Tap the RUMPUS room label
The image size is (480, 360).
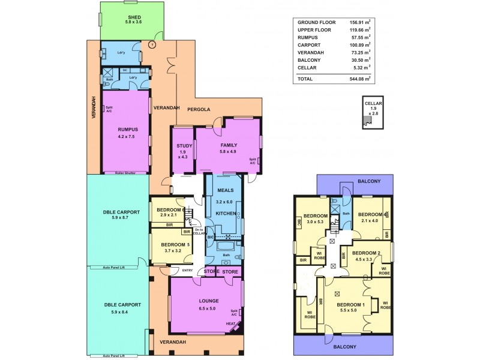(128, 128)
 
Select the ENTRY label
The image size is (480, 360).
(188, 270)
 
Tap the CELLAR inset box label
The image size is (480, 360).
(373, 103)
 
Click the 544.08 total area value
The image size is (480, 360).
(359, 79)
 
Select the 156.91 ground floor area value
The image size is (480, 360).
(359, 22)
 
